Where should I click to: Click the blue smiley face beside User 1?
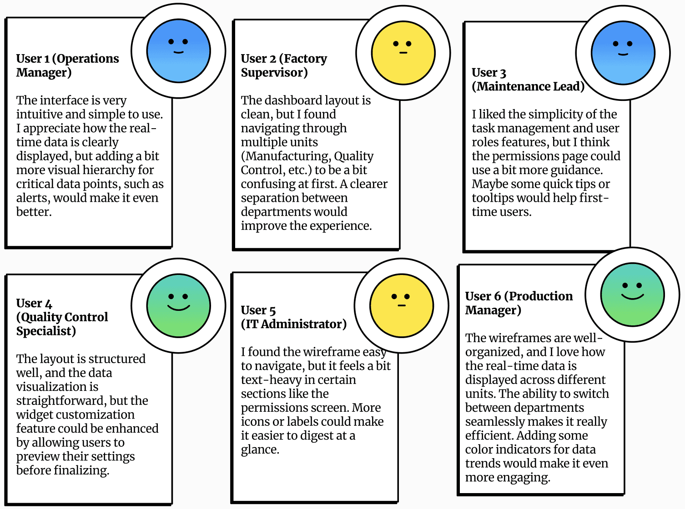pos(178,50)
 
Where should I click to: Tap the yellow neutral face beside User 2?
pos(403,53)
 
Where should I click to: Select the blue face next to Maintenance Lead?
pos(623,53)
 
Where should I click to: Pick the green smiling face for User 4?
pos(178,305)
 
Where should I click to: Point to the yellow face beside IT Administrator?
pos(401,305)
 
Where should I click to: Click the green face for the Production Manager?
pos(632,294)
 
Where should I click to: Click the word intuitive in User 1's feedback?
pos(39,115)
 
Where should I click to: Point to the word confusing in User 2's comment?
pos(267,185)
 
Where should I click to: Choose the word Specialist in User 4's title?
pos(46,331)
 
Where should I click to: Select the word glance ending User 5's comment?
pos(260,450)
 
